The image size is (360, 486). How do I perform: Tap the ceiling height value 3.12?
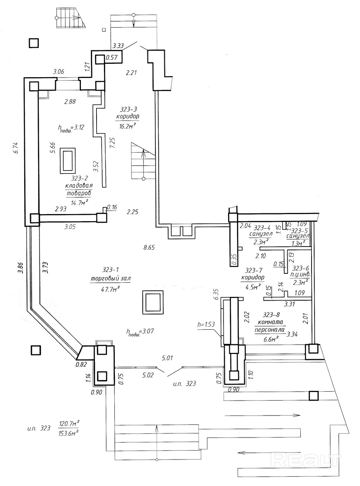pos(78,127)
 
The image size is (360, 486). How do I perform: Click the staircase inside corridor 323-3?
pos(143,161)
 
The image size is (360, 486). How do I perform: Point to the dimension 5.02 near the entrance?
pos(148,375)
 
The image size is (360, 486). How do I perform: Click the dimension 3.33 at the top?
pos(118,46)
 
